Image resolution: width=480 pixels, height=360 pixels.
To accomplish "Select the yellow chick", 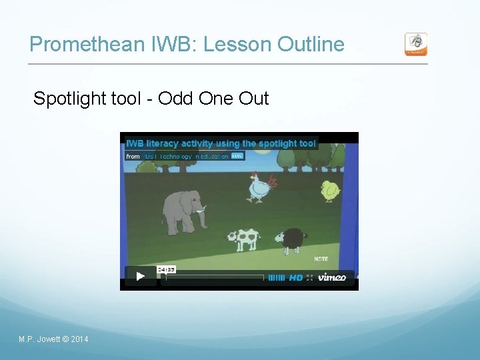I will (330, 191).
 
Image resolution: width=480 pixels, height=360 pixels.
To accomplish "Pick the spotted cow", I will (243, 239).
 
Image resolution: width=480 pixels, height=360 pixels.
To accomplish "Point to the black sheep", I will (291, 240).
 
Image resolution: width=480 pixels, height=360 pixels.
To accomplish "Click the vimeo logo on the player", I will (331, 277).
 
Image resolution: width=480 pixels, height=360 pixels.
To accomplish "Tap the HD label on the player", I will (296, 277).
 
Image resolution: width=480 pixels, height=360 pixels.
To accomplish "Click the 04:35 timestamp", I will (166, 269).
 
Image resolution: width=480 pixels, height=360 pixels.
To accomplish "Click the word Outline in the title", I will (311, 45).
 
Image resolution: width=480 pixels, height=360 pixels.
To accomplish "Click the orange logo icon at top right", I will (416, 44).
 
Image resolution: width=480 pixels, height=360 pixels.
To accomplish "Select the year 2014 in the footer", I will (79, 339).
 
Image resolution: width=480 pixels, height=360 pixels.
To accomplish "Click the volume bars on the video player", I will (277, 277).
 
